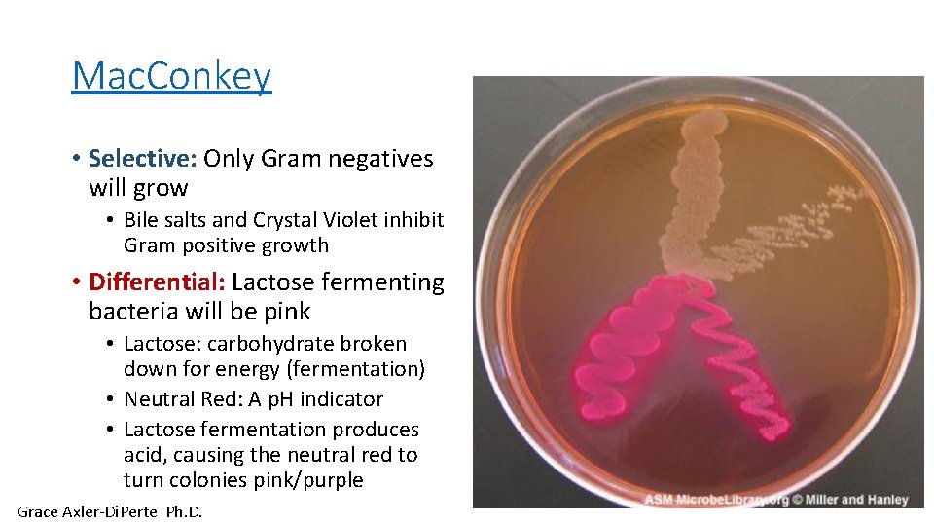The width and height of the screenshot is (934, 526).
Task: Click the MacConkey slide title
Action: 171,75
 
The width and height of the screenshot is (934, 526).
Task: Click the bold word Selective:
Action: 143,158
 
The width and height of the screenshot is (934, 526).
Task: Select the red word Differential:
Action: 157,282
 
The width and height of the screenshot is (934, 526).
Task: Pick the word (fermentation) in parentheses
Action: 365,369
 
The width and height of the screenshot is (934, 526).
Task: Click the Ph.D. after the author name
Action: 184,511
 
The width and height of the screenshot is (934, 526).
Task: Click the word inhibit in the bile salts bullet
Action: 410,220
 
